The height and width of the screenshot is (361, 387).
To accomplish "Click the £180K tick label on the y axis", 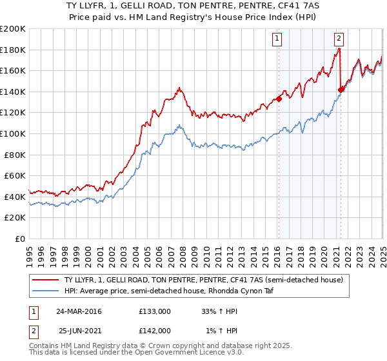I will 13,50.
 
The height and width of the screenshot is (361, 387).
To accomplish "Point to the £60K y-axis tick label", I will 15,175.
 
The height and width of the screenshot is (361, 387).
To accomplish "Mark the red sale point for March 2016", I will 279,99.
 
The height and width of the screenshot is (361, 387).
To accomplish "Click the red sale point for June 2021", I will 341,90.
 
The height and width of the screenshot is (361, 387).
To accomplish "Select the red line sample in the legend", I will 46,280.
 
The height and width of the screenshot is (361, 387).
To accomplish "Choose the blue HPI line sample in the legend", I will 46,291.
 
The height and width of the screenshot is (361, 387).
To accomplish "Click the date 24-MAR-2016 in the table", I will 79,311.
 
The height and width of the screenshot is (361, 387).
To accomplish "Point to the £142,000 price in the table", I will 155,330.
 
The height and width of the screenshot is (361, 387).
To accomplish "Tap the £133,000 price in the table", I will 155,311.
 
